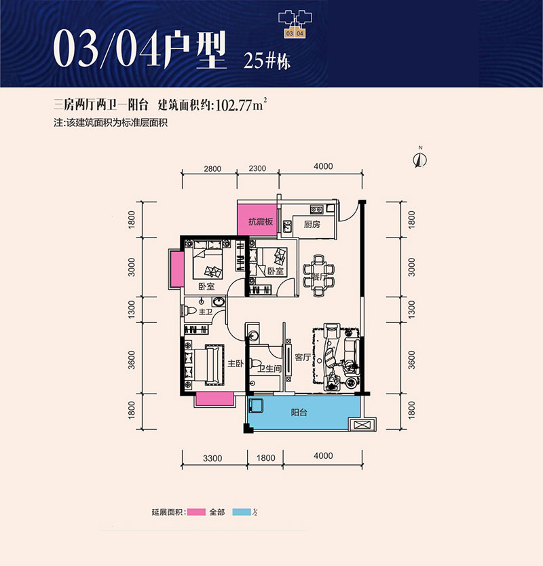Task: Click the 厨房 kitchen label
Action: pos(312,225)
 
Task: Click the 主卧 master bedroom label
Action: pos(236,364)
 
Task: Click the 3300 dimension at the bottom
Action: pos(212,458)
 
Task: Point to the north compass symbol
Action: pos(420,159)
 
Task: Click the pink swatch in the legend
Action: pos(196,511)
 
